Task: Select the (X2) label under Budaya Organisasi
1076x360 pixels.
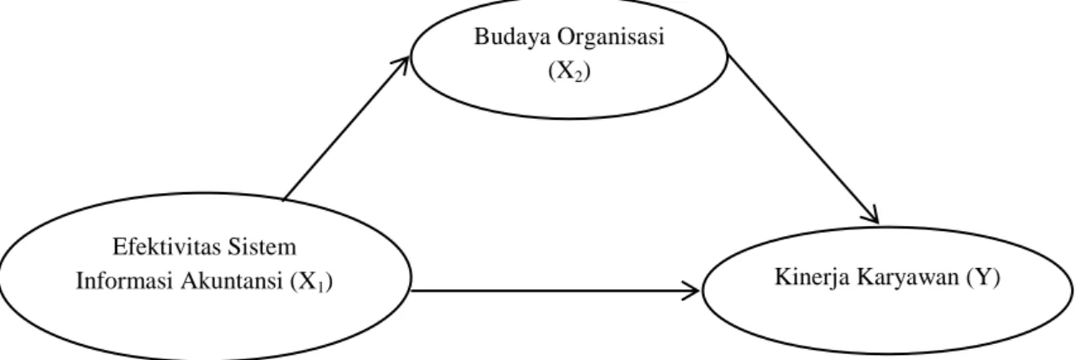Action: click(x=569, y=72)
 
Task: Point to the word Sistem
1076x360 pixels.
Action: click(x=262, y=247)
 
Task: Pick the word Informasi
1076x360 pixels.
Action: click(x=125, y=282)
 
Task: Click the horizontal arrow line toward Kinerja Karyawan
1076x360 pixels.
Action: click(x=556, y=291)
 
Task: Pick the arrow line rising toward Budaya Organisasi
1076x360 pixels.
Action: click(x=346, y=129)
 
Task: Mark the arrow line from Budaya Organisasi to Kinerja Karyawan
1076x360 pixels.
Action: click(x=803, y=138)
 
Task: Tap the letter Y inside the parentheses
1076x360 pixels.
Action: click(x=984, y=277)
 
